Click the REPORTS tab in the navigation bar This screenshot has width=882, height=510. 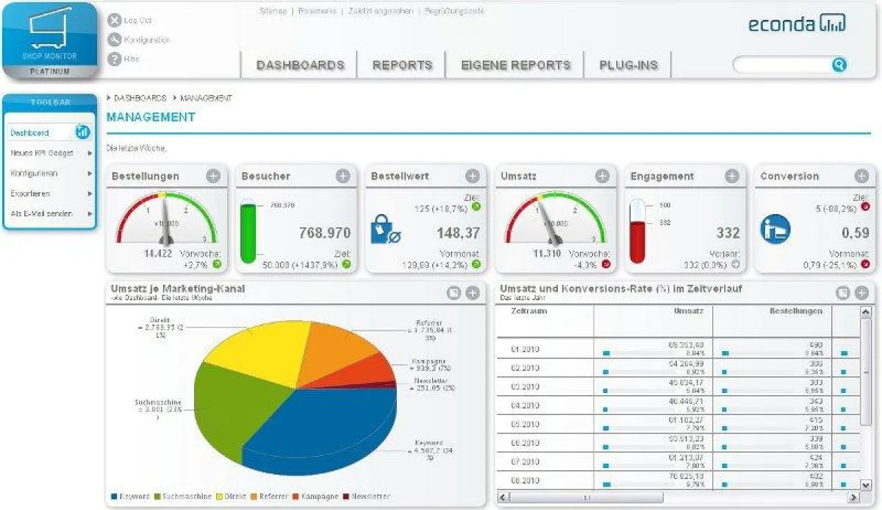click(402, 65)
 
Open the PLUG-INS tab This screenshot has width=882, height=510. click(628, 65)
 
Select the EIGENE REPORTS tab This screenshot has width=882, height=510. click(515, 65)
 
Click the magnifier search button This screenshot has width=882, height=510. click(839, 65)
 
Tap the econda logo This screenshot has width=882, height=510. click(797, 24)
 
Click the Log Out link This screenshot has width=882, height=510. click(137, 21)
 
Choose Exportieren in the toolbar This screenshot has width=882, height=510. click(30, 194)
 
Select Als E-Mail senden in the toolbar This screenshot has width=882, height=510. click(41, 213)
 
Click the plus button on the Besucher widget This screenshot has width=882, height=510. click(343, 176)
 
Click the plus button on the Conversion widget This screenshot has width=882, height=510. click(861, 176)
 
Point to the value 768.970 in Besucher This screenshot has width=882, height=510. click(324, 233)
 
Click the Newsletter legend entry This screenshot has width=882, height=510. click(370, 496)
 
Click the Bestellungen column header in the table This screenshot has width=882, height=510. click(795, 311)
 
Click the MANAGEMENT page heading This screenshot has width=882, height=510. click(151, 117)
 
